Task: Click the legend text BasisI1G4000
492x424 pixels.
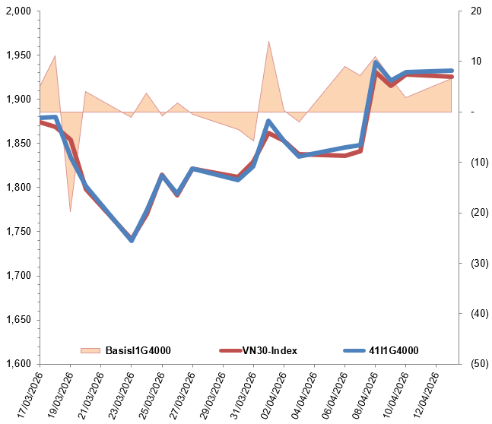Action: click(x=137, y=350)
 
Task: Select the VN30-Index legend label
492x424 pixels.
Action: click(x=269, y=350)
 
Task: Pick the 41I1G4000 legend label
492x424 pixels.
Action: click(x=393, y=350)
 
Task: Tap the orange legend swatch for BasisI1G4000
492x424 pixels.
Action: click(x=90, y=350)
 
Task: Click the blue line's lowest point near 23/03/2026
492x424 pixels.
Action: click(x=132, y=240)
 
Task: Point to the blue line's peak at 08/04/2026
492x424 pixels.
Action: click(x=376, y=63)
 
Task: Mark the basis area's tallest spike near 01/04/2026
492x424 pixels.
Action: click(x=268, y=42)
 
